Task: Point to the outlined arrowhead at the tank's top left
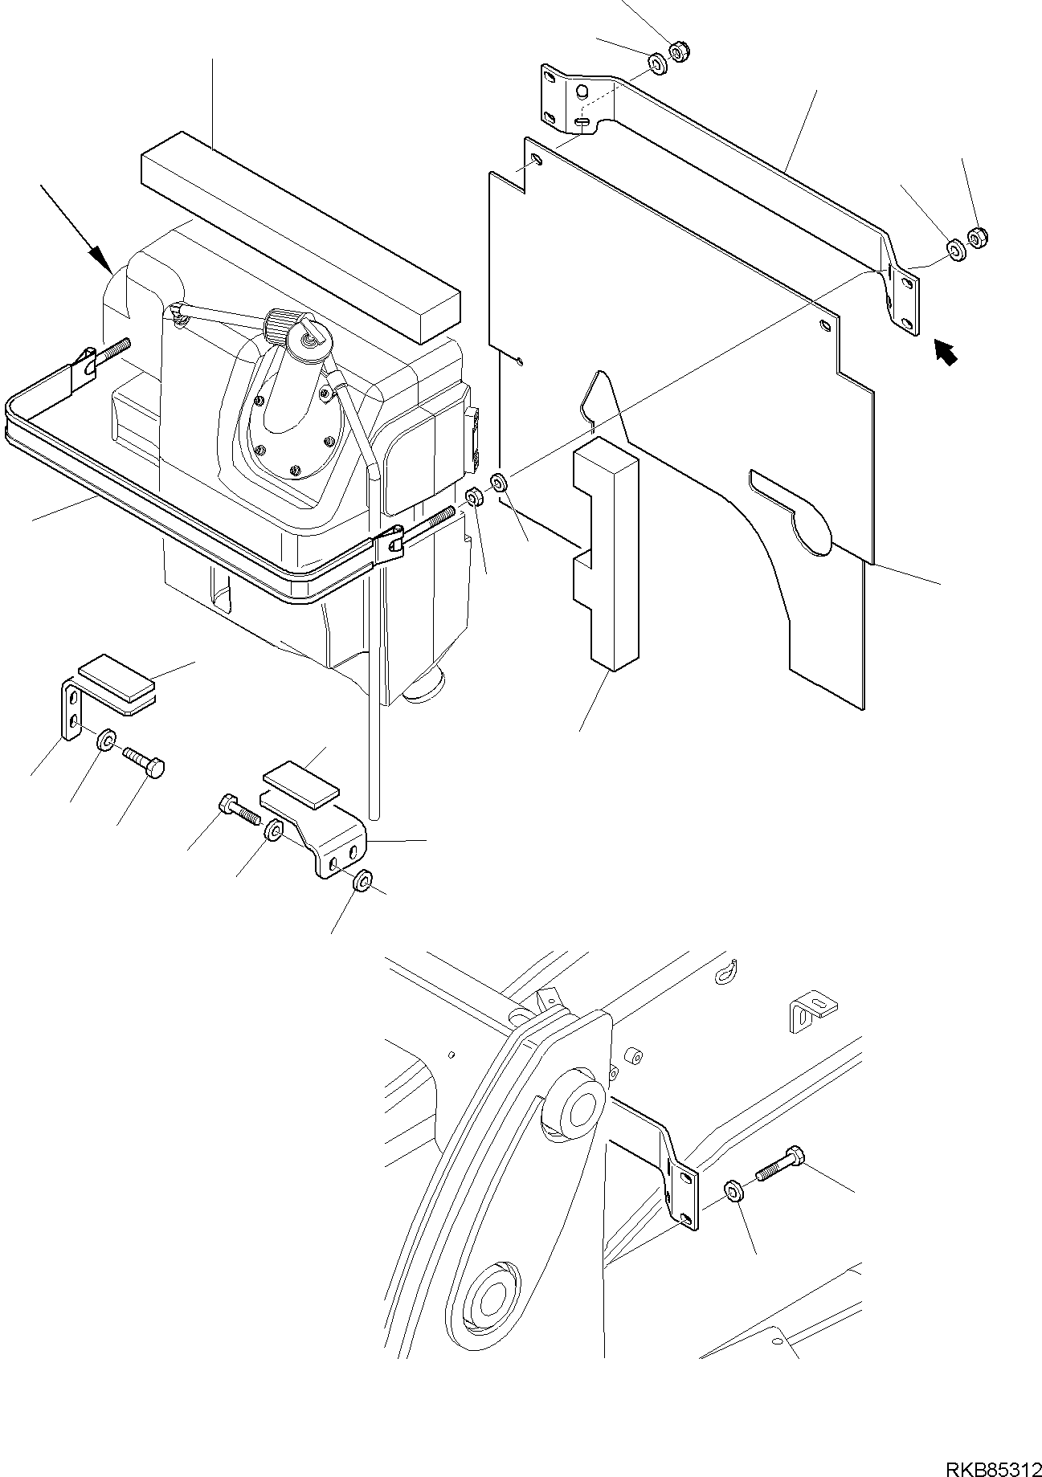pyautogui.click(x=100, y=258)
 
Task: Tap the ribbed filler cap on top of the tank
pyautogui.click(x=282, y=324)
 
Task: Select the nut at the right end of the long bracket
pyautogui.click(x=978, y=238)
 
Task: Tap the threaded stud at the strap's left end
pyautogui.click(x=112, y=351)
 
